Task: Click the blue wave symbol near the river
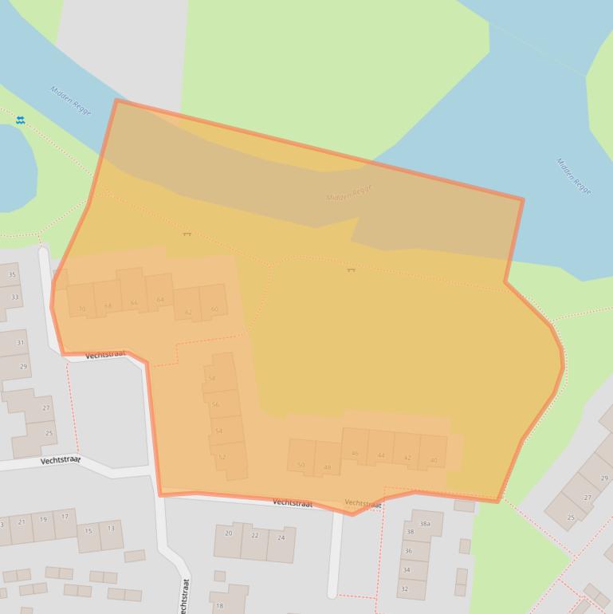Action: [x=20, y=120]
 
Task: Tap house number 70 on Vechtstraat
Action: [x=81, y=309]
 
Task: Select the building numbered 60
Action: [x=214, y=309]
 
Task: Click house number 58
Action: [x=211, y=378]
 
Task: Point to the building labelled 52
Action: [x=222, y=457]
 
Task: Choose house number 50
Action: [x=301, y=465]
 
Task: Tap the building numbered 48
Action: [x=327, y=467]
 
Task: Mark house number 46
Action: [x=355, y=454]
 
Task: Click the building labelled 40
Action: [x=434, y=460]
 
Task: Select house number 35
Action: [x=12, y=275]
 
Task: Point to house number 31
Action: [x=21, y=343]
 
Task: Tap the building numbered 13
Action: [x=111, y=528]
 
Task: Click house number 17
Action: [x=65, y=517]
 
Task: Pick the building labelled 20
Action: [x=229, y=533]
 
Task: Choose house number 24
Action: [x=281, y=537]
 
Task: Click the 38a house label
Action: [x=425, y=524]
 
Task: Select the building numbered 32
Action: [x=404, y=589]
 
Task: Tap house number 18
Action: [x=219, y=606]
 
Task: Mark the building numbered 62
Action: [x=188, y=313]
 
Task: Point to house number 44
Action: [x=381, y=456]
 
